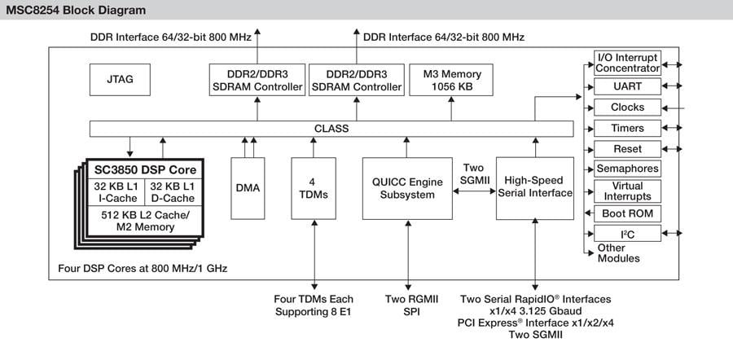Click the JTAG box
click(x=120, y=80)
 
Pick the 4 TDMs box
click(x=314, y=187)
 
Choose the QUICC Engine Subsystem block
click(x=407, y=187)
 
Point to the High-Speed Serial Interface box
click(x=535, y=187)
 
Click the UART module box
click(x=627, y=86)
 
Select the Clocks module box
click(x=627, y=107)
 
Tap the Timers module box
click(x=627, y=128)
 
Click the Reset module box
click(x=627, y=149)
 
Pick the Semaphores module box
click(x=627, y=169)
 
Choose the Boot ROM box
click(x=627, y=213)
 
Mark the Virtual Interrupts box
click(x=627, y=191)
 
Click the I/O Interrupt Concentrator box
click(x=627, y=62)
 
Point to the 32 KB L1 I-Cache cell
click(x=115, y=191)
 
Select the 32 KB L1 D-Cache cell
click(x=172, y=191)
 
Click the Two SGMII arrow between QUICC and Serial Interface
click(x=474, y=192)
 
